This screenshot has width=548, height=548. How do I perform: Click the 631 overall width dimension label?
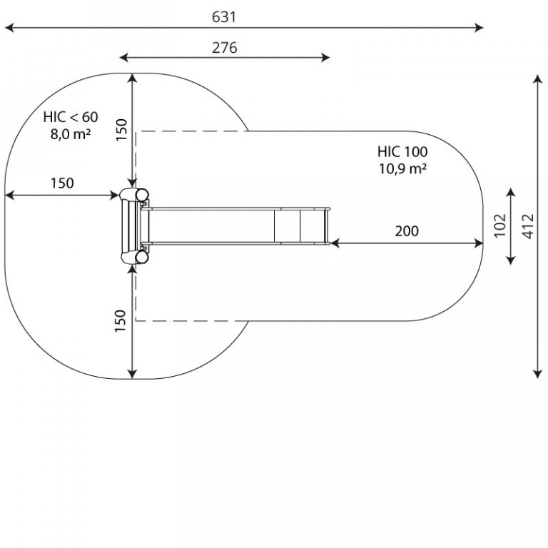tap(224, 17)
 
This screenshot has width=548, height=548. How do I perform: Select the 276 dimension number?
tap(224, 48)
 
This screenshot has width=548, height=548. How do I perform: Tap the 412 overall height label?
tap(529, 226)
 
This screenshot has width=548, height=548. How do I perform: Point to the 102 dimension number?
tap(500, 225)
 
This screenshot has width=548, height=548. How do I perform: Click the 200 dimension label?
tap(407, 231)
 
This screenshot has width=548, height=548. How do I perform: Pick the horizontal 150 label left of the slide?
tap(62, 183)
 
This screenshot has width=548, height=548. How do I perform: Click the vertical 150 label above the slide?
tap(121, 130)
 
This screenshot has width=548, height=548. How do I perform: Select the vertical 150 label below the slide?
tap(120, 321)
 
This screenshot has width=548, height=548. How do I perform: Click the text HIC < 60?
tap(71, 117)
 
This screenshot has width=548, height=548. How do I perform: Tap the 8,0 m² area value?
tap(71, 134)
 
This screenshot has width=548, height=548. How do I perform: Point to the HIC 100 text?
tap(402, 152)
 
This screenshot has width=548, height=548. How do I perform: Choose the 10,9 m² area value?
tap(402, 169)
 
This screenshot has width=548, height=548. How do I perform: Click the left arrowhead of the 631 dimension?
tap(9, 28)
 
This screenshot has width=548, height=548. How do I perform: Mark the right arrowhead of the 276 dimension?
tap(325, 58)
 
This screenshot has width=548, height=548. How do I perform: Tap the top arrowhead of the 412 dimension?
tap(538, 79)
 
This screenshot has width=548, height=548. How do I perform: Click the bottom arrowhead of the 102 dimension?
tap(511, 260)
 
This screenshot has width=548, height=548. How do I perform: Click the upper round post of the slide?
tap(142, 195)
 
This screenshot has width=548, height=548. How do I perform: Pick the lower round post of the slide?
tap(142, 257)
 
